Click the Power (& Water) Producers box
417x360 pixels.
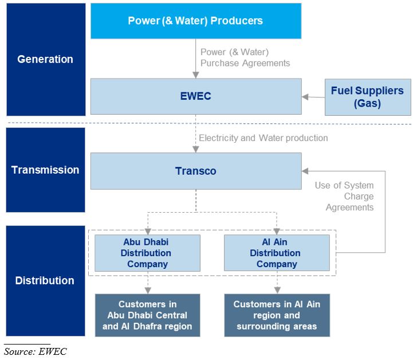[195, 21]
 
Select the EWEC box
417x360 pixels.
[195, 96]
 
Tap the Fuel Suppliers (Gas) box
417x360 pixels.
[367, 97]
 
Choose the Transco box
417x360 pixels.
[195, 171]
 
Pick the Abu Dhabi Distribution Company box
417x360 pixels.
[147, 253]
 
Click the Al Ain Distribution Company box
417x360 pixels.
[277, 253]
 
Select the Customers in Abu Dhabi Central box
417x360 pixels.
[147, 315]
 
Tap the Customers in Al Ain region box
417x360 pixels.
[277, 315]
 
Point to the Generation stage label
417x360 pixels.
[45, 59]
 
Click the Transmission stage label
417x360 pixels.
[45, 170]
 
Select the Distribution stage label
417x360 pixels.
[45, 280]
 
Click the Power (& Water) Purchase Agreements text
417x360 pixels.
[245, 57]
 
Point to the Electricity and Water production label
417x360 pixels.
[263, 138]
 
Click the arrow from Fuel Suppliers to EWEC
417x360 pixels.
[313, 97]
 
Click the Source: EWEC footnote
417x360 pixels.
[36, 351]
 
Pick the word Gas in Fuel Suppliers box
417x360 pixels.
[367, 104]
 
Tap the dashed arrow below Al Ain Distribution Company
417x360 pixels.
[277, 283]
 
